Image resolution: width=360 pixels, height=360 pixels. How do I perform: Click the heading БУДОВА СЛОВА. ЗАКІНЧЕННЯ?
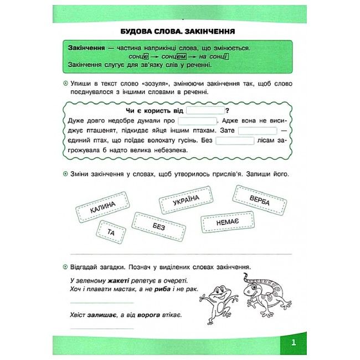point(181,32)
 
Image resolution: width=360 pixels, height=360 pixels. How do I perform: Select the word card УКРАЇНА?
point(185,200)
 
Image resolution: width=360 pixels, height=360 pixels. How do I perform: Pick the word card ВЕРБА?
point(259,199)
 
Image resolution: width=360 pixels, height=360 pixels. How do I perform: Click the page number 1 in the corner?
point(294,342)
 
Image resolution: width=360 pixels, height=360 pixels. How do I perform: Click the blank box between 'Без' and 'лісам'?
point(234,141)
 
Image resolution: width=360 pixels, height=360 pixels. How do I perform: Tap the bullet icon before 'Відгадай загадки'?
point(65,266)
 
